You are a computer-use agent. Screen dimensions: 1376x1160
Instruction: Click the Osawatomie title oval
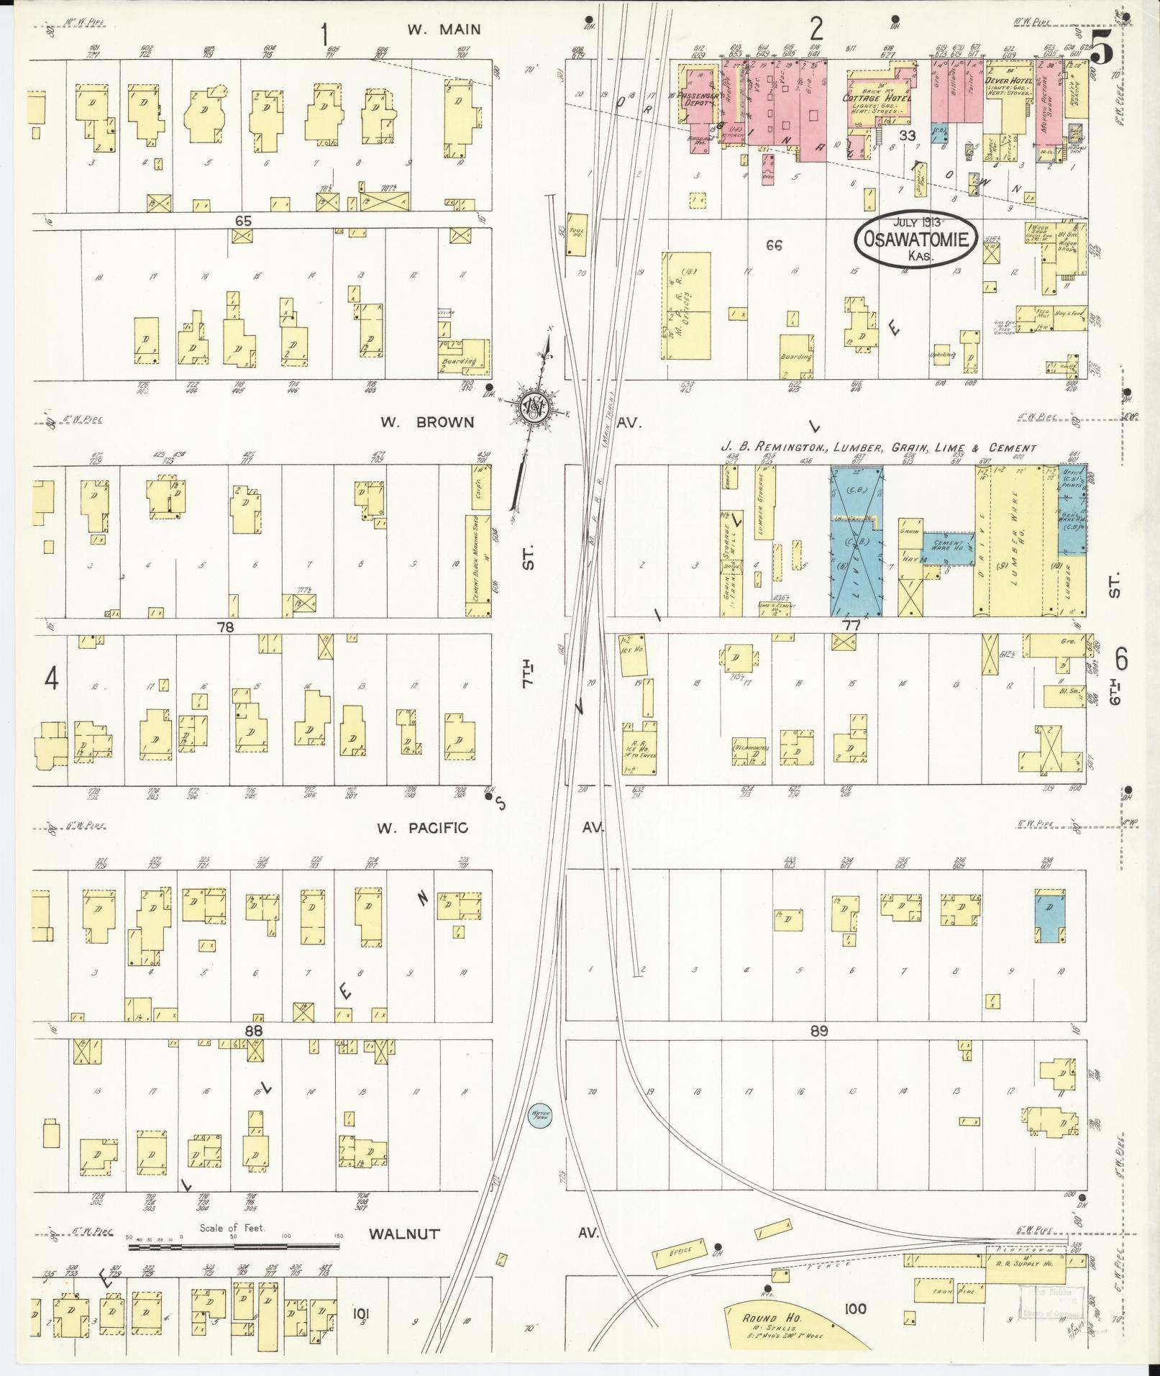click(915, 241)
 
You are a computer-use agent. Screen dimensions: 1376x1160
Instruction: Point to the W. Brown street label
click(429, 422)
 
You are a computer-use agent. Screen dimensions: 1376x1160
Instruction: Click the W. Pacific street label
click(422, 828)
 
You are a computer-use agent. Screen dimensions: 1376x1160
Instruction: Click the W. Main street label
click(443, 30)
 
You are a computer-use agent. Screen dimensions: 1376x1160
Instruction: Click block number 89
click(818, 1031)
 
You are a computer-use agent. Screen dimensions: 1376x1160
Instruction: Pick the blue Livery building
click(857, 541)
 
